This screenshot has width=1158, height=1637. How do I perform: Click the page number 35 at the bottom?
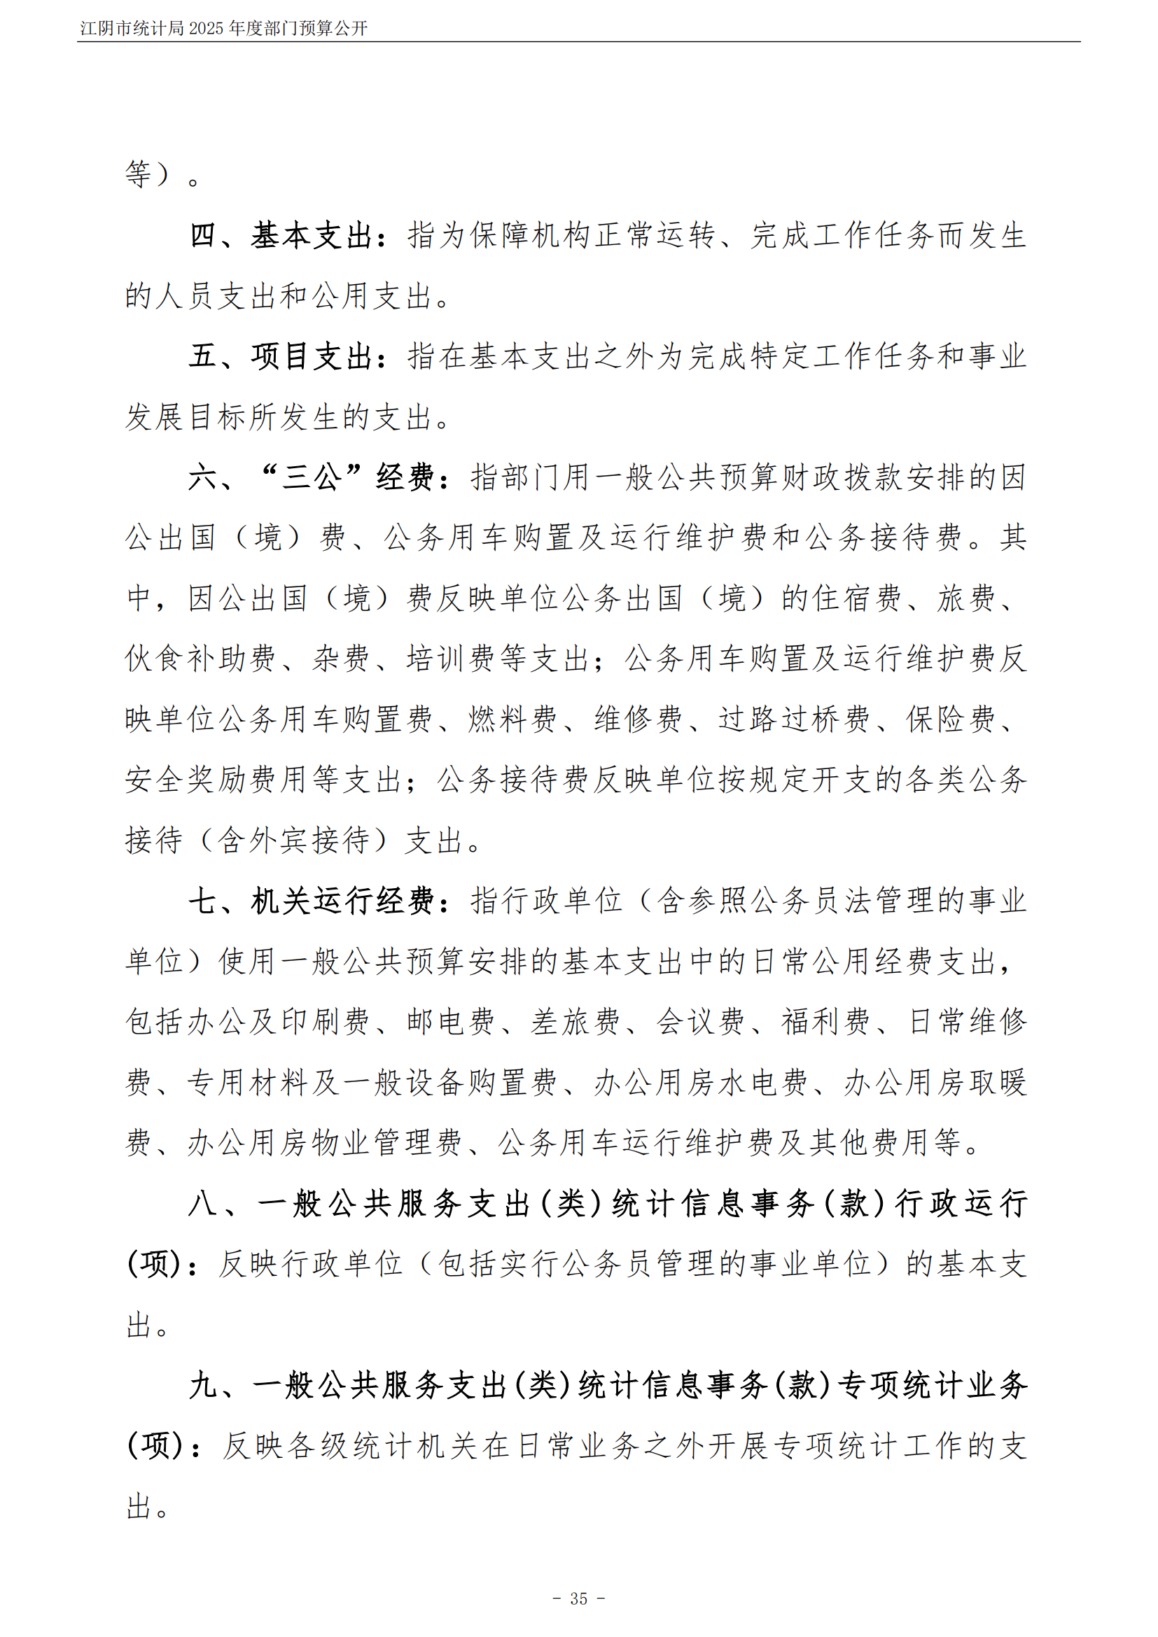578,1599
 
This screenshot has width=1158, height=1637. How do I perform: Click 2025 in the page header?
206,29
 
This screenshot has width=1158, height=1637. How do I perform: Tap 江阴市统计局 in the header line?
132,29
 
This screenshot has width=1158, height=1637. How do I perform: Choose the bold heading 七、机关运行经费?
311,901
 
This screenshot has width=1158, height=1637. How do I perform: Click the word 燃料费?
512,719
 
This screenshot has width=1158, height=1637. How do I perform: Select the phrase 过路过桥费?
794,719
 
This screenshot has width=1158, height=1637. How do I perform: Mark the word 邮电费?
450,1022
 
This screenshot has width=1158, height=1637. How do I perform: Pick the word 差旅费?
575,1022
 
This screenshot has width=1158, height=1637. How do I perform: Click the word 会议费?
699,1022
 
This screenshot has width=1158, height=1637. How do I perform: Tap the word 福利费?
825,1022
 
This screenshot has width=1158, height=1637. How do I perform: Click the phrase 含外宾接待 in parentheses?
293,840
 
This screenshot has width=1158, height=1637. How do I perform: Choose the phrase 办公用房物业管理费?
325,1142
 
